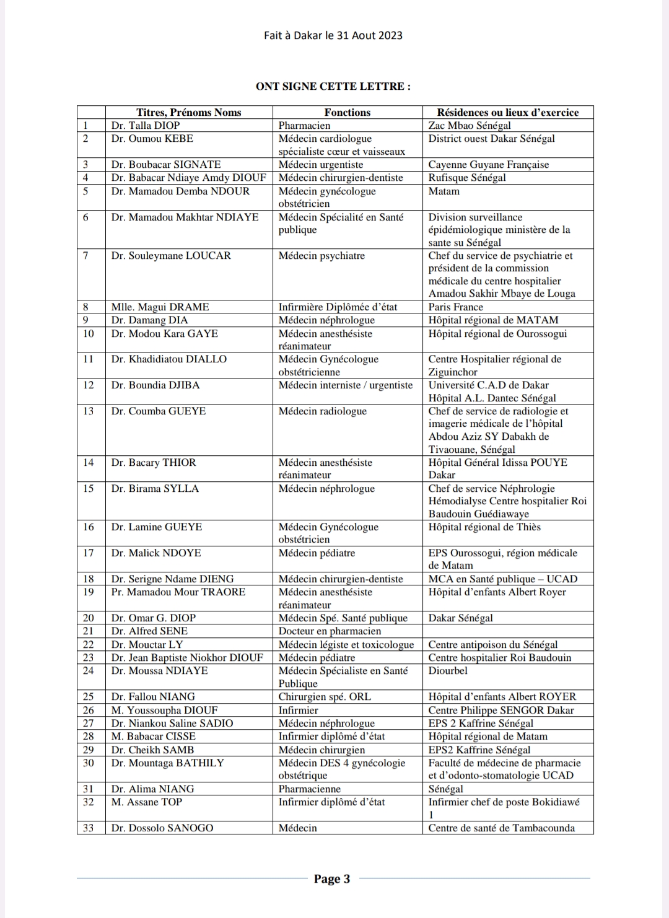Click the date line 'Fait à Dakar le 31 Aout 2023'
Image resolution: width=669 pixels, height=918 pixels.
coord(333,35)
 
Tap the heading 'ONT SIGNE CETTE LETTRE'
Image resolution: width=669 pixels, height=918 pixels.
coord(333,86)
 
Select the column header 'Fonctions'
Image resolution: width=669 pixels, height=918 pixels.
coord(347,112)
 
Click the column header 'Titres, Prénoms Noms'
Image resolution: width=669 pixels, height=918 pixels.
coord(188,112)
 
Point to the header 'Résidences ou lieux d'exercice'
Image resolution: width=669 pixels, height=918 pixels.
coord(507,112)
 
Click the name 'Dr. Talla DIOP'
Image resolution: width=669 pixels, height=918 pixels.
coord(146,125)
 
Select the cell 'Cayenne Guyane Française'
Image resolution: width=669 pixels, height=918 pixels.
coord(488,164)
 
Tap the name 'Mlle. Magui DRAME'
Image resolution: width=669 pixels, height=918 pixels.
coord(160,307)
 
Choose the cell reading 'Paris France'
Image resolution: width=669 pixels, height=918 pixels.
coord(455,307)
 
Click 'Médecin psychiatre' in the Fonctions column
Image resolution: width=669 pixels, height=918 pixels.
coord(321,255)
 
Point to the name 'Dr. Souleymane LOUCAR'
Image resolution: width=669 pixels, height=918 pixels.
coord(171,255)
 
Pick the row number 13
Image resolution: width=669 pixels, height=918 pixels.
coord(89,411)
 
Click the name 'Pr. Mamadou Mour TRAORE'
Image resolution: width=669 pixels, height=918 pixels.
coord(178,592)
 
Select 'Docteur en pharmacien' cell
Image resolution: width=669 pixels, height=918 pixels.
coord(330,631)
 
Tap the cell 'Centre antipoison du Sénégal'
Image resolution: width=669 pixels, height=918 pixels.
coord(492,644)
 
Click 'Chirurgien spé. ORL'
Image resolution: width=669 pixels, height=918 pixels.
coord(325,696)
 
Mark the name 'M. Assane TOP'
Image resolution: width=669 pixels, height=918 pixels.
coord(147,802)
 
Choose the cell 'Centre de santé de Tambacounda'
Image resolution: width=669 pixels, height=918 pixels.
coord(501,828)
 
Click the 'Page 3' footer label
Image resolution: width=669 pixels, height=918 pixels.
coord(332,878)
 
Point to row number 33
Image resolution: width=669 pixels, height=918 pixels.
coord(89,828)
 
